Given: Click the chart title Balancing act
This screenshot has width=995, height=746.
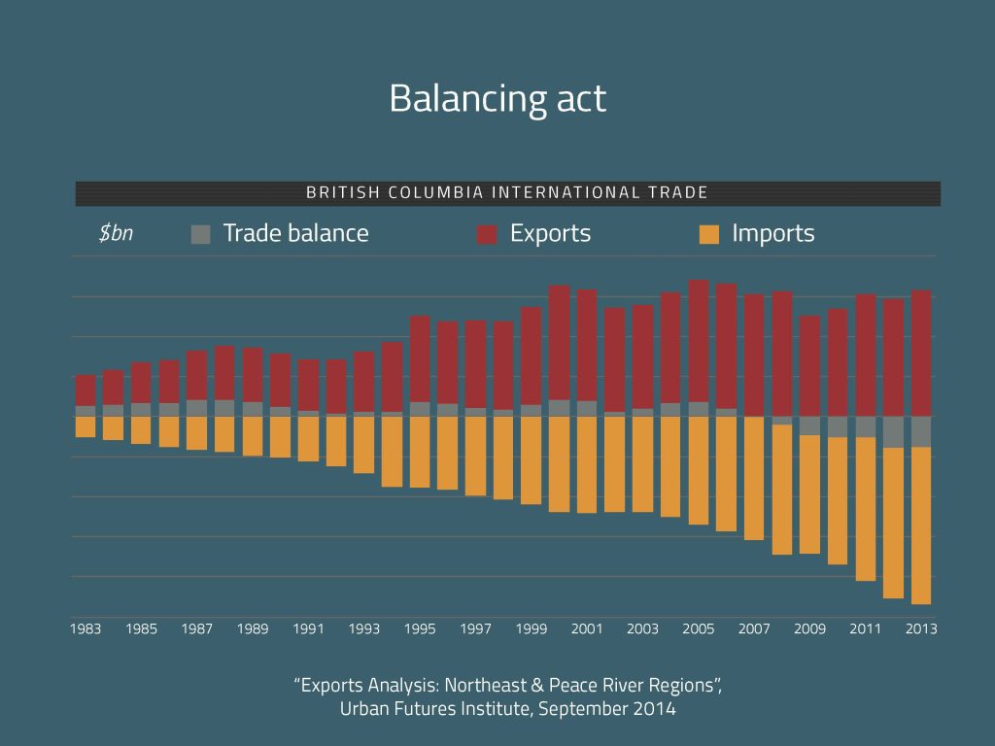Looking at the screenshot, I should [x=497, y=99].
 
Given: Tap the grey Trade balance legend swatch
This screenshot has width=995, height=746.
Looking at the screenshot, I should [x=201, y=234].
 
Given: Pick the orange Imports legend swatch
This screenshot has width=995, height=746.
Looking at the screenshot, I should [x=709, y=234].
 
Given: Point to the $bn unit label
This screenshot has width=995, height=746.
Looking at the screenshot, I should [x=116, y=234].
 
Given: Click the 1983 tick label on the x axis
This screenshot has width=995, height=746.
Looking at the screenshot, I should [x=86, y=629].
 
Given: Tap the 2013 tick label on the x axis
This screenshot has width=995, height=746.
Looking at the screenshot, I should [x=921, y=629].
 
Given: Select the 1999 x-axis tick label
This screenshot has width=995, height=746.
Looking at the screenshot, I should [x=532, y=629].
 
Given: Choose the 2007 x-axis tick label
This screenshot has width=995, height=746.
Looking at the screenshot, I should [x=754, y=629].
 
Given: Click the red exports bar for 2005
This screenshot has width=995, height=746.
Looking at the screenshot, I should [x=699, y=340].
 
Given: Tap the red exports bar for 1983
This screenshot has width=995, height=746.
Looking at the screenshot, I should [x=86, y=390].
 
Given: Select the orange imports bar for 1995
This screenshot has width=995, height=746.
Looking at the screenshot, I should [x=420, y=452].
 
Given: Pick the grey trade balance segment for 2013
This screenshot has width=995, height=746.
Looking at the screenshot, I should [x=921, y=431].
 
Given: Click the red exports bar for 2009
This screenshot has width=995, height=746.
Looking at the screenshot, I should [x=809, y=365].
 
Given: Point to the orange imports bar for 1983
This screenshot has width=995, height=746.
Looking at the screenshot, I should [x=86, y=426].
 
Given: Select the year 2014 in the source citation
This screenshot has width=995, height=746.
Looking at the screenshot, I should [x=655, y=709].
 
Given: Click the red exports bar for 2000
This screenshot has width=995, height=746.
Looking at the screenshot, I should [x=559, y=342].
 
